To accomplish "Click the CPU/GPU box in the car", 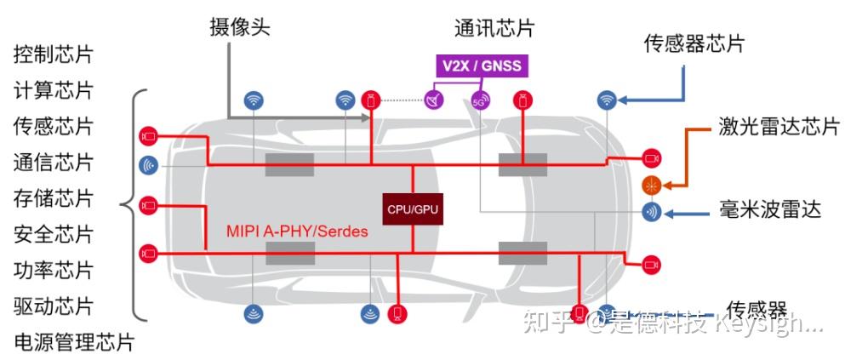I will tap(413, 208).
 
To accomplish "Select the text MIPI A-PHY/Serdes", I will tap(297, 231).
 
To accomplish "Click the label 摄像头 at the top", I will tap(240, 26).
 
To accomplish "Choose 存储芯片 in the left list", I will tap(53, 198).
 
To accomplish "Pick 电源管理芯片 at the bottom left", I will tap(73, 342).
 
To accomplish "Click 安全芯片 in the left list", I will tap(53, 234).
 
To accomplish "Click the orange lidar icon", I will tap(651, 184).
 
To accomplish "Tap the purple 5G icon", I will tap(481, 100).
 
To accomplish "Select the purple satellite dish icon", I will tap(435, 100).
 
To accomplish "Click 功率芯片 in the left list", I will tap(53, 270).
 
